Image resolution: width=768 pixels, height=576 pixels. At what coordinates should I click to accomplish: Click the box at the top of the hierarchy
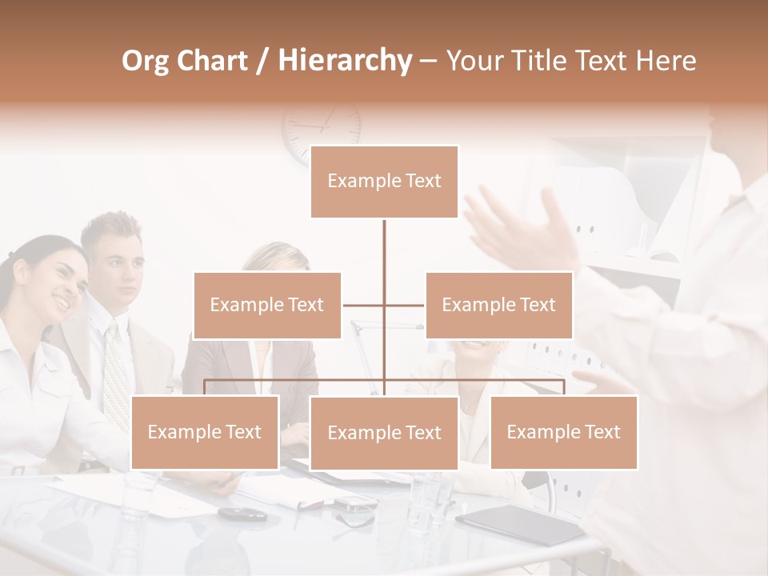[384, 182]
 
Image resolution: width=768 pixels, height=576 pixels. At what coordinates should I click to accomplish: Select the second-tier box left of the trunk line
[267, 305]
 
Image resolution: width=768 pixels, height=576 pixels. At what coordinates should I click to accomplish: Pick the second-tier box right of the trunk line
[498, 305]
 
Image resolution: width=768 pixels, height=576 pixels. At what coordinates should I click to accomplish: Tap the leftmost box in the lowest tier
[205, 432]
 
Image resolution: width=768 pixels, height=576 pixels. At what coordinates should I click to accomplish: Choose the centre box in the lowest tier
[384, 433]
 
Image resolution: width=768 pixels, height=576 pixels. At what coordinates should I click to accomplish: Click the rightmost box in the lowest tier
[563, 432]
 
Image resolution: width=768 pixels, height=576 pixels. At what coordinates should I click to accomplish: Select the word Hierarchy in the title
[344, 61]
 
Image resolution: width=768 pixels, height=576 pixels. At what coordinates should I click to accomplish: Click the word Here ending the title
[666, 61]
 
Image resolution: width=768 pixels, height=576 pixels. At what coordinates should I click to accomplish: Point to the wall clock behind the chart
[322, 128]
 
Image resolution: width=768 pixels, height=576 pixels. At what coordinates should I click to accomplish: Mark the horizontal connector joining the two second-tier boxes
[384, 305]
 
